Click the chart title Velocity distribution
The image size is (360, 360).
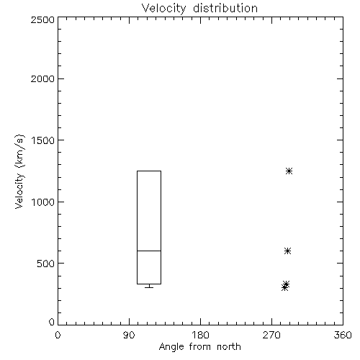[x=199, y=8]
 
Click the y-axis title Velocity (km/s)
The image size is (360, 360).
[x=19, y=172]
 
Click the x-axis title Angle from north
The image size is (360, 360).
[x=199, y=347]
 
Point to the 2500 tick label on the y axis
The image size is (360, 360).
[x=42, y=19]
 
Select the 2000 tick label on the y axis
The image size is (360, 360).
[x=42, y=78]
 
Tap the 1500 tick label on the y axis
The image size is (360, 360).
[x=43, y=140]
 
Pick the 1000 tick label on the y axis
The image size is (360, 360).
[x=43, y=202]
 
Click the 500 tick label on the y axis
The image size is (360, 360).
[x=46, y=264]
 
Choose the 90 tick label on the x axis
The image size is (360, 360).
[x=129, y=335]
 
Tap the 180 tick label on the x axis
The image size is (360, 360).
[x=200, y=335]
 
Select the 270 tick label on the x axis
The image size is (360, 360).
[x=271, y=335]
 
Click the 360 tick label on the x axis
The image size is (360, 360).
[x=343, y=335]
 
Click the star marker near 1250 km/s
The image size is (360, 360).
[x=289, y=171]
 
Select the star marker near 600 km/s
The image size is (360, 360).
[x=287, y=251]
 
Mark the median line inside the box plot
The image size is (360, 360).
[x=149, y=251]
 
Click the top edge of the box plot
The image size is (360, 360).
[x=149, y=171]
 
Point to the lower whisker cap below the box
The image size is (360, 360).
[x=149, y=287]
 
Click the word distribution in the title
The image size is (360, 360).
[x=225, y=8]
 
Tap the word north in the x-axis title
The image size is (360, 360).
[x=229, y=347]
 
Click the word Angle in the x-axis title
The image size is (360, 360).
[x=171, y=347]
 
